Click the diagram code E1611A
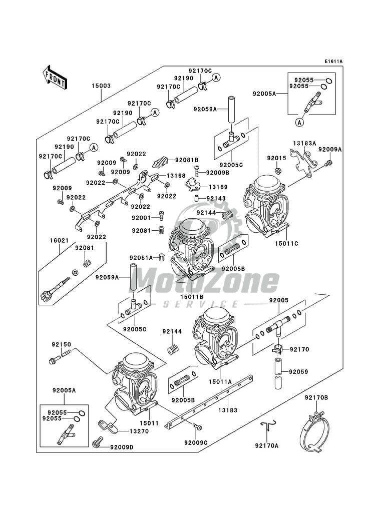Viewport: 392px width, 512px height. pyautogui.click(x=333, y=62)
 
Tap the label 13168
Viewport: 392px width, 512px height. pyautogui.click(x=176, y=176)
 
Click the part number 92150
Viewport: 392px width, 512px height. pyautogui.click(x=62, y=344)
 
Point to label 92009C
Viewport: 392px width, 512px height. pyautogui.click(x=196, y=442)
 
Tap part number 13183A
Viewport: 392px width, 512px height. pyautogui.click(x=305, y=143)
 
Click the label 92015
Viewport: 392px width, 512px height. pyautogui.click(x=275, y=158)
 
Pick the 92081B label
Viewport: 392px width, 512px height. pyautogui.click(x=186, y=160)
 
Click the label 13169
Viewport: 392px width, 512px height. pyautogui.click(x=218, y=187)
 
